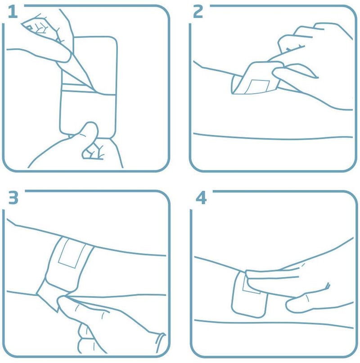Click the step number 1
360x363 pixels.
[x=13, y=12]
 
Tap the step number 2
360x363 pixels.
[x=198, y=12]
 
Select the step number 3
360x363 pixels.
[x=13, y=198]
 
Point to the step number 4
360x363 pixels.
[x=201, y=198]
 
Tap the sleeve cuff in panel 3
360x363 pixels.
[x=160, y=343]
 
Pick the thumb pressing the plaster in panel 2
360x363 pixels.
[x=294, y=73]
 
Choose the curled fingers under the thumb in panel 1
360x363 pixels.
[x=93, y=151]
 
